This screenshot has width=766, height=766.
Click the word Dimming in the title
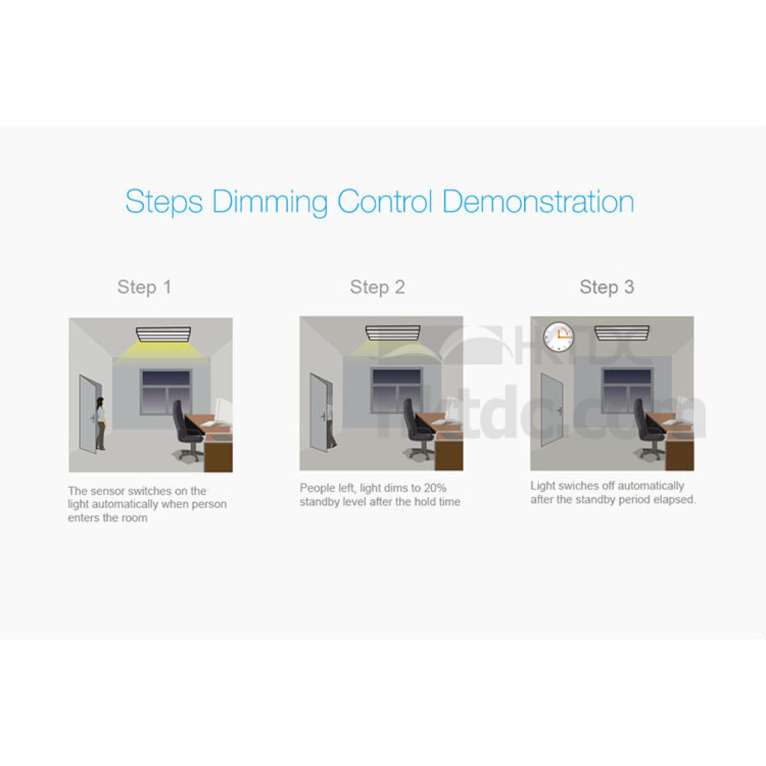pos(269,202)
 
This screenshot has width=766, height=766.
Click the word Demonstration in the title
pos(538,201)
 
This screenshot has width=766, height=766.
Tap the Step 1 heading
pos(144,288)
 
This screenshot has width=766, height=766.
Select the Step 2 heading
pos(377,288)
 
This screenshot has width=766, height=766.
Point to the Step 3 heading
pos(607,288)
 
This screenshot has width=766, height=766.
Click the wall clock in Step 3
pos(558,337)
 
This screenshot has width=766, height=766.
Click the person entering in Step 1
pos(101,423)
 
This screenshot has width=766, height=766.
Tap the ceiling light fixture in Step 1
pos(163,334)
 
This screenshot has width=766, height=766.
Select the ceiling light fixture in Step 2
pos(393,333)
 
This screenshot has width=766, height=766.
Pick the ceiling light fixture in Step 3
pos(622,333)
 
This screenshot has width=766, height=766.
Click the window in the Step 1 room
pos(166,392)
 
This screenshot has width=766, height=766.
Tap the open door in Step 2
pos(321,413)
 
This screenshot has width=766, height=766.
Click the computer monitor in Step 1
pos(223,410)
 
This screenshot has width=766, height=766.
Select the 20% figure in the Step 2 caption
pos(435,488)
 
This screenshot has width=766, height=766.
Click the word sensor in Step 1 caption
pos(107,491)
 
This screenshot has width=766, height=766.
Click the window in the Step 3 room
pos(627,391)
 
